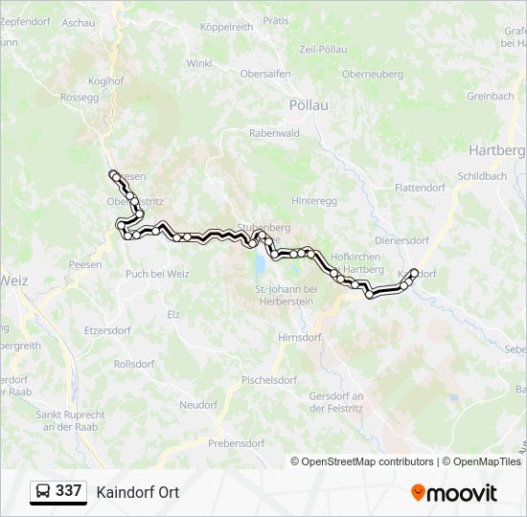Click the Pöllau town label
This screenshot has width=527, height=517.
pos(309,104)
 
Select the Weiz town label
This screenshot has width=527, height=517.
pos(15,281)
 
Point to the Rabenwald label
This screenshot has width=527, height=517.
pos(274,134)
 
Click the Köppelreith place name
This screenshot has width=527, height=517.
pos(226,27)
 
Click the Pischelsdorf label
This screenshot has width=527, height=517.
pos(269,379)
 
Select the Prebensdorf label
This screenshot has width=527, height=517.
pos(236,443)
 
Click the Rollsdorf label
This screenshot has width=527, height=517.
pos(135,364)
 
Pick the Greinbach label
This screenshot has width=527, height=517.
pos(490,97)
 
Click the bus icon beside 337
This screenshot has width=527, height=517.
pos(43,492)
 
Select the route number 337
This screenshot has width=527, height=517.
pos(68,491)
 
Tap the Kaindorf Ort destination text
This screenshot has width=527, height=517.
pos(137,492)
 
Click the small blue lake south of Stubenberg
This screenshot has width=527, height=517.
pos(259,261)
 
